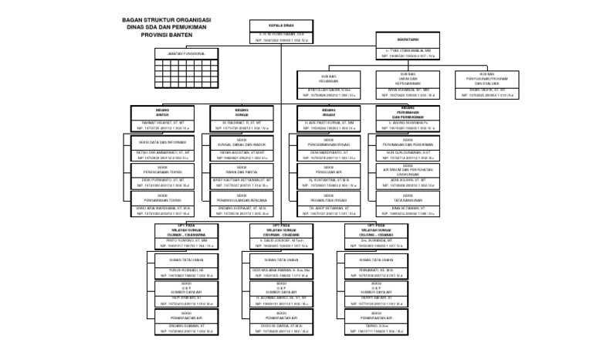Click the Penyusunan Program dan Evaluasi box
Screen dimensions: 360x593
486,79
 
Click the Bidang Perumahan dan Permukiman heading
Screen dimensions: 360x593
410,114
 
